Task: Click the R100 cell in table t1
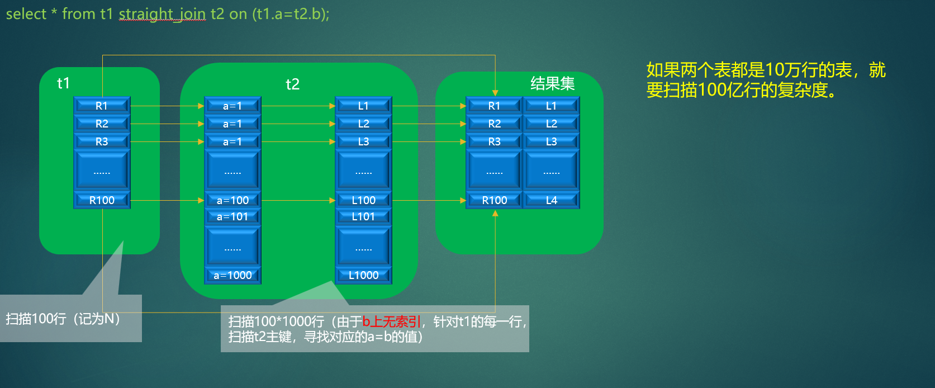pyautogui.click(x=102, y=200)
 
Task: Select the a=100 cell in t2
pyautogui.click(x=232, y=200)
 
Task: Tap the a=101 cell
pyautogui.click(x=232, y=216)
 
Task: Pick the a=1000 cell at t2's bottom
pyautogui.click(x=232, y=275)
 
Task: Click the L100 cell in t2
pyautogui.click(x=363, y=200)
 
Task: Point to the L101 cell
pyautogui.click(x=363, y=216)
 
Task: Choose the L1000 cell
pyautogui.click(x=363, y=275)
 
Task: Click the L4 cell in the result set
pyautogui.click(x=551, y=200)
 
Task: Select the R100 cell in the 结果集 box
pyautogui.click(x=495, y=200)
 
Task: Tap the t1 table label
pyautogui.click(x=63, y=83)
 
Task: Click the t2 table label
pyautogui.click(x=292, y=84)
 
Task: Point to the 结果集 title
pyautogui.click(x=552, y=84)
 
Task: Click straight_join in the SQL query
pyautogui.click(x=162, y=14)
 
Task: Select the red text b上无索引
pyautogui.click(x=391, y=321)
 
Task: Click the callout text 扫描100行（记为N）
pyautogui.click(x=63, y=319)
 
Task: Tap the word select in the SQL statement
pyautogui.click(x=26, y=14)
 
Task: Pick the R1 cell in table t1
pyautogui.click(x=102, y=106)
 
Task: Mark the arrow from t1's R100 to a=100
pyautogui.click(x=167, y=200)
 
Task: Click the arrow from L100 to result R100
pyautogui.click(x=429, y=200)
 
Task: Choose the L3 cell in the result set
pyautogui.click(x=551, y=141)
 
